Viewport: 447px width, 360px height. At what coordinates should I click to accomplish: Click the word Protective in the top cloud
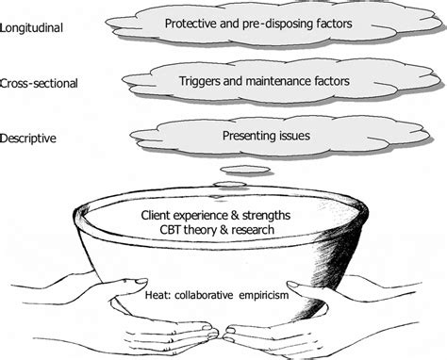tap(191, 22)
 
